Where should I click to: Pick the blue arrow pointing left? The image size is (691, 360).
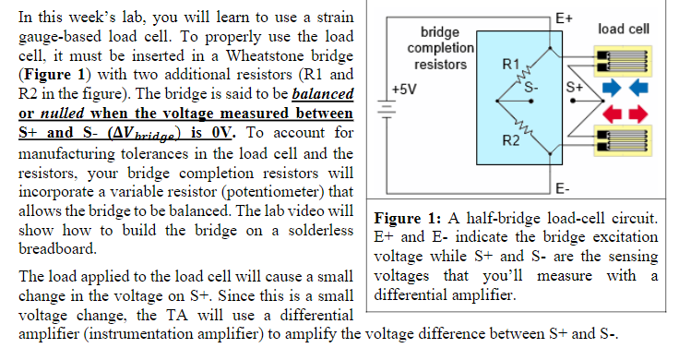(639, 89)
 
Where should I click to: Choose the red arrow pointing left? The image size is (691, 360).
(612, 114)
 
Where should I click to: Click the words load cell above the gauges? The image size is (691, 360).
(623, 30)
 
